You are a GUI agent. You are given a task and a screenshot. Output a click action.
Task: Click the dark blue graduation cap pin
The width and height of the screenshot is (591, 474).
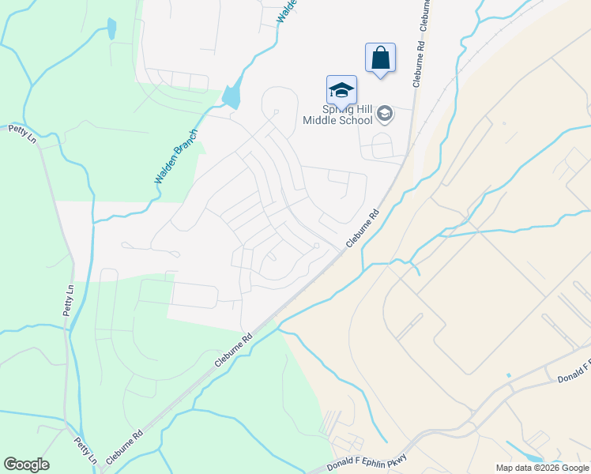341,89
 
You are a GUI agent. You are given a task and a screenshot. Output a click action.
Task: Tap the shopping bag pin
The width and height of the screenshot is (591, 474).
380,58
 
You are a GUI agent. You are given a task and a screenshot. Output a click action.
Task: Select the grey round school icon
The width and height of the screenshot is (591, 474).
385,115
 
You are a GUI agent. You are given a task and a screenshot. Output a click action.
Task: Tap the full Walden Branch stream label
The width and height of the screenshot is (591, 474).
175,157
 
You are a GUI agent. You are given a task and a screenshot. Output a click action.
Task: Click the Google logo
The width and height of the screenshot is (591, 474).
26,465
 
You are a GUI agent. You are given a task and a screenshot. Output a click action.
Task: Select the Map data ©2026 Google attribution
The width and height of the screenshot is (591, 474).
541,468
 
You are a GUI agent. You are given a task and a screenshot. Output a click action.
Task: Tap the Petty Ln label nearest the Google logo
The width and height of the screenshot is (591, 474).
86,450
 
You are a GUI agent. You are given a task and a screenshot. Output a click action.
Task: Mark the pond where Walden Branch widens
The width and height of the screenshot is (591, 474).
232,96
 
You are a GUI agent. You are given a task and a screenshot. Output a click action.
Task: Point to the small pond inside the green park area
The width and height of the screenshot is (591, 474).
111,28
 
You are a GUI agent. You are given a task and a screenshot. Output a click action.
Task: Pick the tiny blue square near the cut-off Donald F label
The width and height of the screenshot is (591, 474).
509,374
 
